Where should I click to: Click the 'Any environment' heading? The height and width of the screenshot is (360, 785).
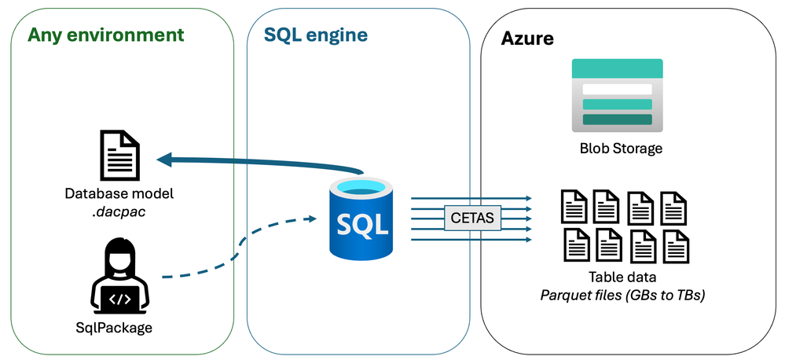[x=105, y=35]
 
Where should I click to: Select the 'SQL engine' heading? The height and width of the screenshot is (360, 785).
[x=316, y=35]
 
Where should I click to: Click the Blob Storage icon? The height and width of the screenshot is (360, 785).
[x=617, y=95]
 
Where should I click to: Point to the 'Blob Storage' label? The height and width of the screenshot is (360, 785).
[x=621, y=148]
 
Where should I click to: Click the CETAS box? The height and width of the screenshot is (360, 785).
[x=472, y=218]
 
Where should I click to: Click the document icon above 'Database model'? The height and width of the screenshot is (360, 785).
[x=119, y=156]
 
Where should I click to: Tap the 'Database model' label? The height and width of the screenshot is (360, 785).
[x=119, y=193]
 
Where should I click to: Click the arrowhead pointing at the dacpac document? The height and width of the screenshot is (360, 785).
[x=164, y=160]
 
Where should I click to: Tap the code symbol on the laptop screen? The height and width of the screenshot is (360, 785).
[x=120, y=299]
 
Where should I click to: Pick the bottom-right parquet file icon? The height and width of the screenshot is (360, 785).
[x=676, y=245]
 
